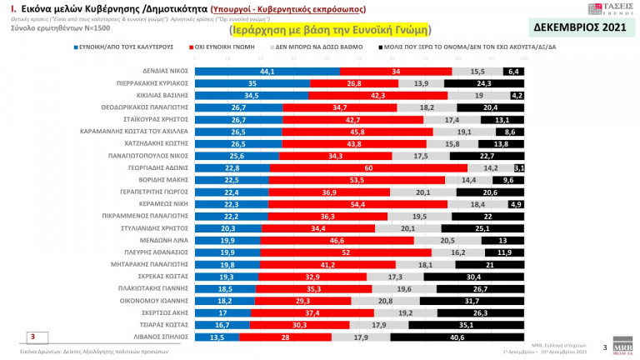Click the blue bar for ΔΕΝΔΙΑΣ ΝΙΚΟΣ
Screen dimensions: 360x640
click(267, 72)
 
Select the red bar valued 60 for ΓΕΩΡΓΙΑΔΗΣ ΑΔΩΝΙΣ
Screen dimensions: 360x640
click(367, 167)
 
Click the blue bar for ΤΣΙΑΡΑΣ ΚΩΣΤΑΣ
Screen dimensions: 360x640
click(222, 325)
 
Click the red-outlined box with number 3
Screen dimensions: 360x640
click(32, 337)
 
